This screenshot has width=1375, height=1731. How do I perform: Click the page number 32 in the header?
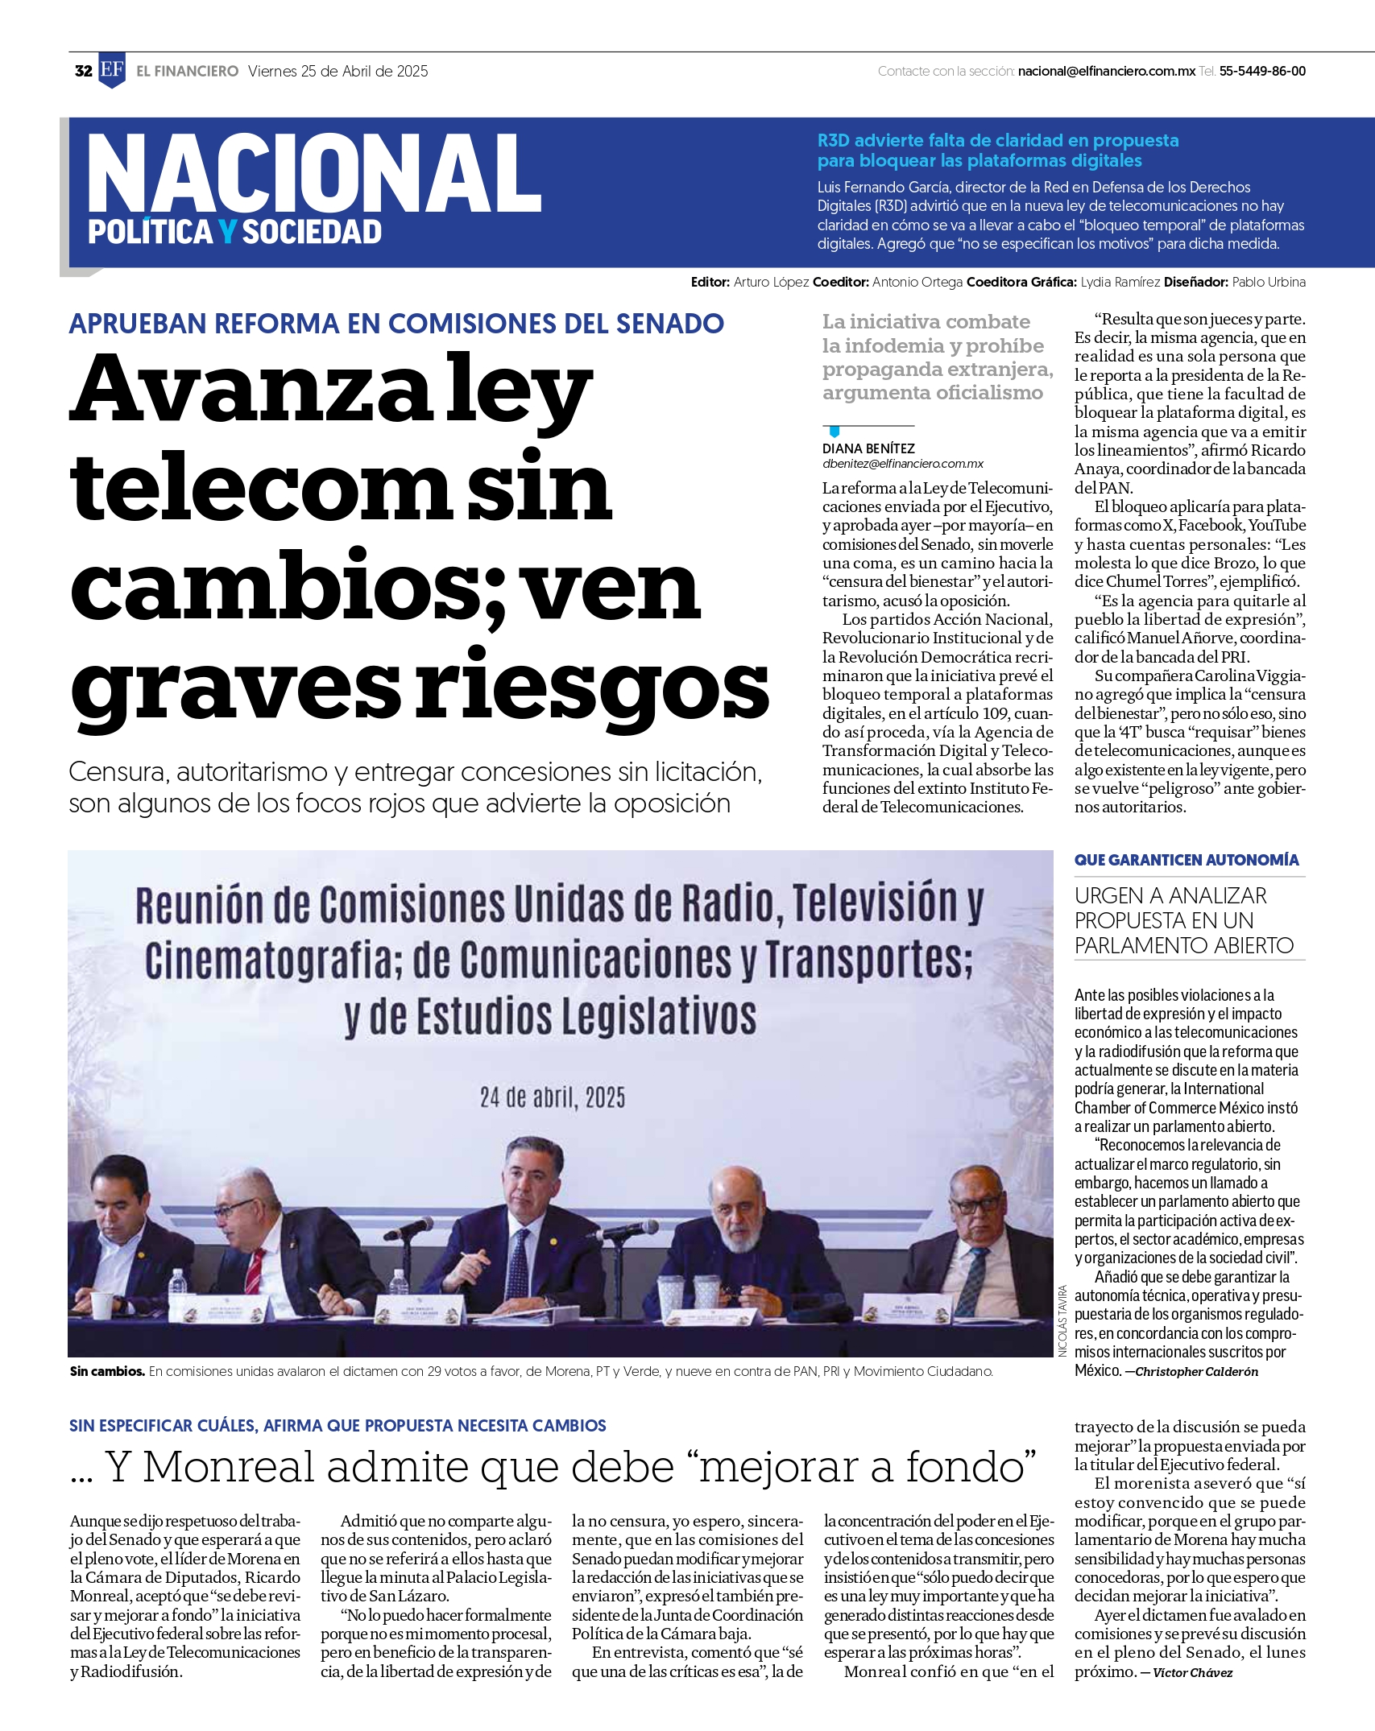tap(83, 71)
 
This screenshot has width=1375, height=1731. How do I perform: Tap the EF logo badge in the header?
tap(112, 70)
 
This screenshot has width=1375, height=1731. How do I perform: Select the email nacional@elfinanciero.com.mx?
tap(1106, 71)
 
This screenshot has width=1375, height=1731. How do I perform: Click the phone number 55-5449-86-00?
tap(1262, 71)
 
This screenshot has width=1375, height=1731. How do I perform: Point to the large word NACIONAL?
tap(314, 174)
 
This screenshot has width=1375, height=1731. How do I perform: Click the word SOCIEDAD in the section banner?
tap(312, 232)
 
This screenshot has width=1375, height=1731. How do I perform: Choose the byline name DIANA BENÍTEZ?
tap(868, 448)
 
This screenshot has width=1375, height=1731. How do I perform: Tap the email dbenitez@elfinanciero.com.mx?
tap(903, 464)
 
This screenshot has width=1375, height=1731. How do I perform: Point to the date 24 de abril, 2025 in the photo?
tap(553, 1097)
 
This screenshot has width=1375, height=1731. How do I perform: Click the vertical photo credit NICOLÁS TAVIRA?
tap(1062, 1320)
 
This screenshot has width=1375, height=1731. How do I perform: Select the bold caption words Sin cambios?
tap(107, 1371)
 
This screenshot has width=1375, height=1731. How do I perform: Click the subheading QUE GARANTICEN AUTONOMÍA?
tap(1187, 860)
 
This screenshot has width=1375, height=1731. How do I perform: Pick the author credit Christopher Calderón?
tap(1196, 1371)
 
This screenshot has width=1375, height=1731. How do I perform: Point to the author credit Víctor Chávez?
tap(1192, 1672)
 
